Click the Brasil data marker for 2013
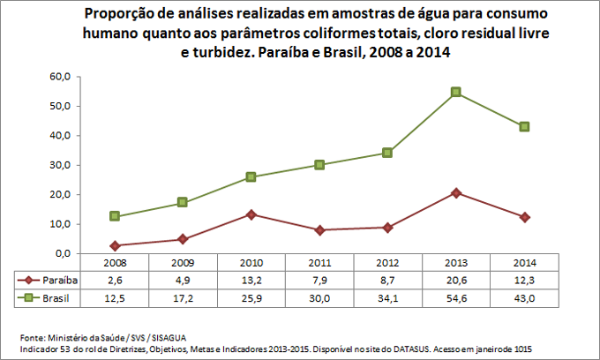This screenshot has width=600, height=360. (456, 92)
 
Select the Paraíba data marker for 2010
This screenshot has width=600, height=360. (251, 214)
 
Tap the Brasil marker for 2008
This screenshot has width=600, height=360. (114, 216)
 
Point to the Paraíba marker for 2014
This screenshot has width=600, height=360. (524, 217)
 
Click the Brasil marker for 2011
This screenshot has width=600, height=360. (319, 165)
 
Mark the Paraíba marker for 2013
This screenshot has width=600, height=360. (456, 192)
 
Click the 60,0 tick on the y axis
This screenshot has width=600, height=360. (59, 77)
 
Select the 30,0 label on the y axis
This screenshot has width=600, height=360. (59, 165)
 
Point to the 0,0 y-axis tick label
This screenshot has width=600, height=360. (62, 253)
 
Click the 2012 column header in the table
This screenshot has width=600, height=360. (387, 263)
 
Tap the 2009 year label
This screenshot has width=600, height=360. (182, 263)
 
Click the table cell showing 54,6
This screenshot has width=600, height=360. (456, 298)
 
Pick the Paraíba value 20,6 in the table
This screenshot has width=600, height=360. (456, 280)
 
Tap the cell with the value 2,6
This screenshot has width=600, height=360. (114, 280)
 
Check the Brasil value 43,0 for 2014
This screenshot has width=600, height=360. (524, 298)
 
